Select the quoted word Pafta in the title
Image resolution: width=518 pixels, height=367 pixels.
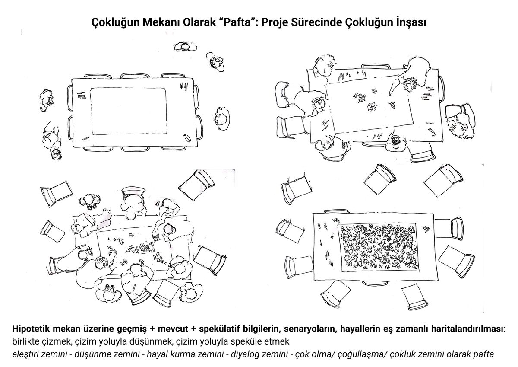pos(236,22)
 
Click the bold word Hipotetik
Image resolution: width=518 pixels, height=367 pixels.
pos(31,329)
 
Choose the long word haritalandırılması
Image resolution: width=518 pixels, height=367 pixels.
pos(467,329)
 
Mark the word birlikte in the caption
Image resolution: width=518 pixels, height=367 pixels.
pos(25,342)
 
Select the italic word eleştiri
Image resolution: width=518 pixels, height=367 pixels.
pos(26,354)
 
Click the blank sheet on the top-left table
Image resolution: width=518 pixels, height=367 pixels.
pos(129,111)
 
